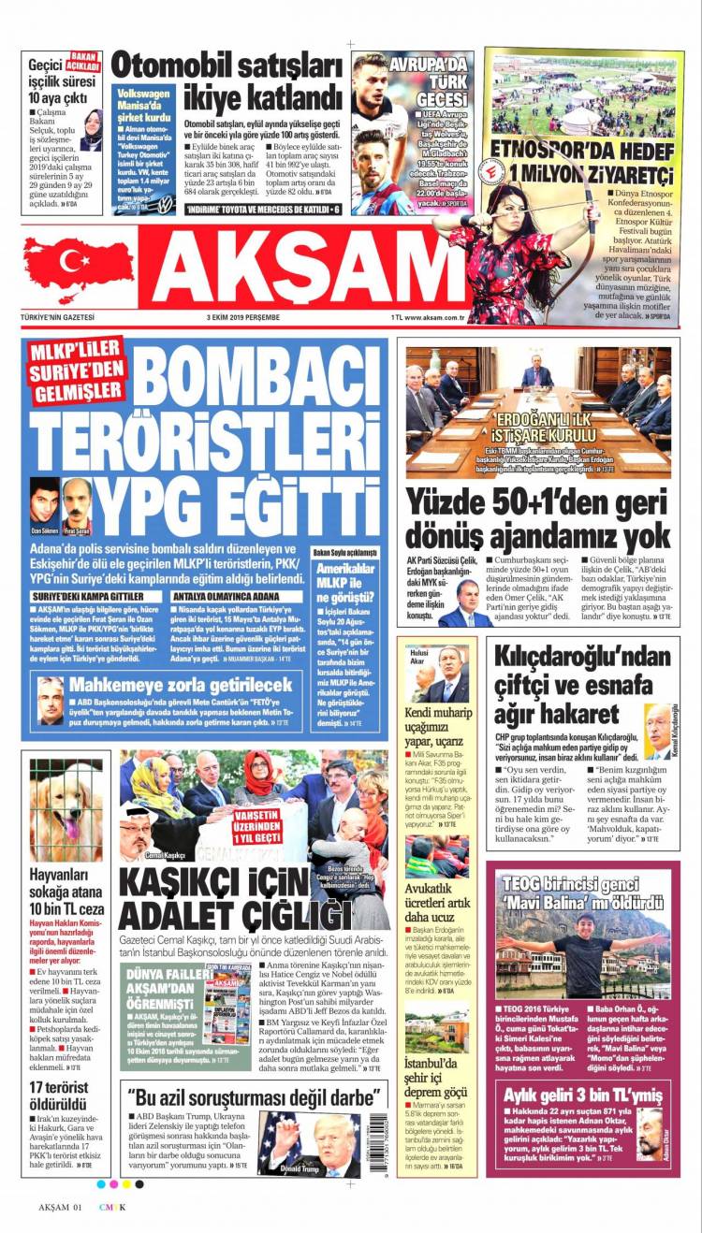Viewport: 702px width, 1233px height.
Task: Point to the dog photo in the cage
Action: click(66, 810)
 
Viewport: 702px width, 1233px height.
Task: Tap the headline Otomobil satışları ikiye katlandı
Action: click(227, 81)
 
